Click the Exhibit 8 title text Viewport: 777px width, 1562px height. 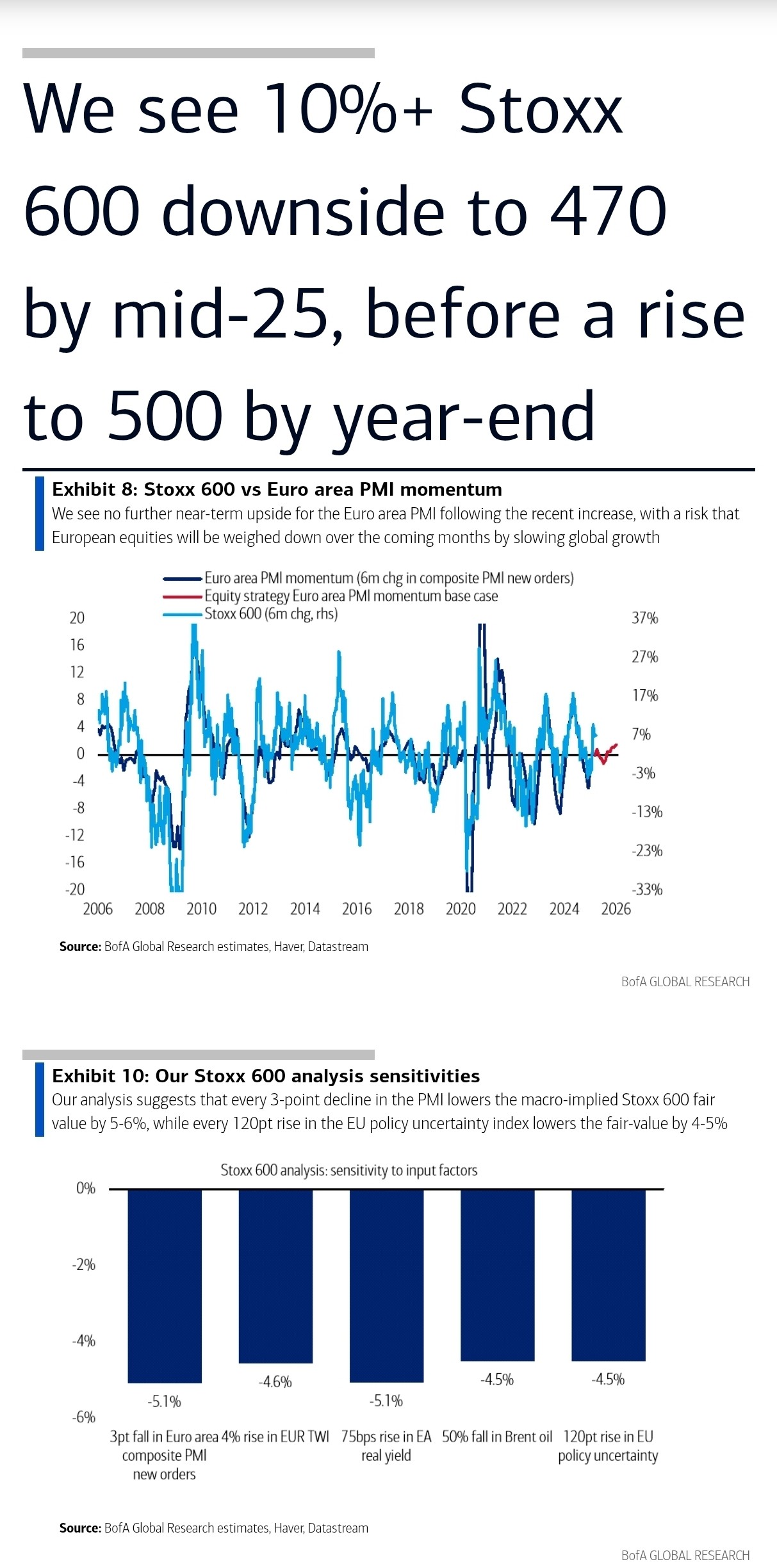click(x=277, y=489)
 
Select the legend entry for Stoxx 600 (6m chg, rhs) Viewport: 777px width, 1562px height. click(x=270, y=614)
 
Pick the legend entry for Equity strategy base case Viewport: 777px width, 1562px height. click(x=350, y=596)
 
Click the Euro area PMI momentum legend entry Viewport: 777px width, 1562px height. click(x=388, y=578)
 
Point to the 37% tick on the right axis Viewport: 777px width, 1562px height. click(x=644, y=618)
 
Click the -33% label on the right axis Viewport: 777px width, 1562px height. click(x=646, y=890)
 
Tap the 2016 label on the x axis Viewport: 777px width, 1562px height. click(x=356, y=909)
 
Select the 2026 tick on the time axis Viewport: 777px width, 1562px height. click(x=616, y=909)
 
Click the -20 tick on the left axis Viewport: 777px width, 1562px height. click(x=75, y=890)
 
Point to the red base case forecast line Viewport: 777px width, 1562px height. click(x=606, y=754)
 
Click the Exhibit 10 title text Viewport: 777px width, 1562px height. click(x=266, y=1076)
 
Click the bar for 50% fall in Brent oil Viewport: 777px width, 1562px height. click(x=497, y=1274)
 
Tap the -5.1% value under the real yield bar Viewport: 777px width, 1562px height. click(x=386, y=1401)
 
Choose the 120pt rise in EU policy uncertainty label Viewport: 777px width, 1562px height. click(x=608, y=1446)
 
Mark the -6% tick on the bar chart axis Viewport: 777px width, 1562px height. click(x=84, y=1417)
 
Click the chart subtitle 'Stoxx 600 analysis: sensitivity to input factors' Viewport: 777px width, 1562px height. click(x=349, y=1170)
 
